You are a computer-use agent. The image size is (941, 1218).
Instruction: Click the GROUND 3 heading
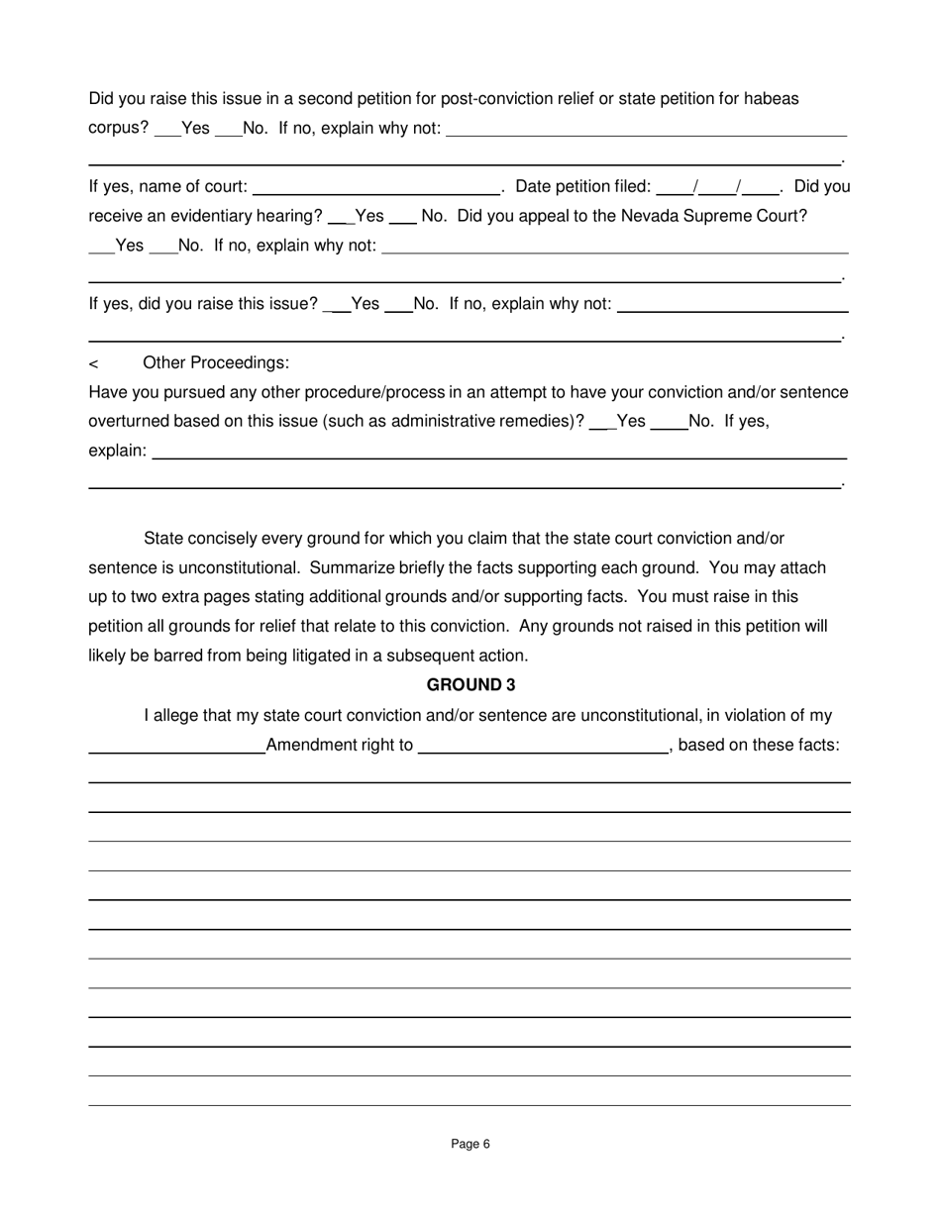(470, 685)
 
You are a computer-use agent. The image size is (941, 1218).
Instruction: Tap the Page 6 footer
(470, 1144)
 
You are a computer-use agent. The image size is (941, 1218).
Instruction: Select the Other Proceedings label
(216, 362)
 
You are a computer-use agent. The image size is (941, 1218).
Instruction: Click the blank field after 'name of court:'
(376, 188)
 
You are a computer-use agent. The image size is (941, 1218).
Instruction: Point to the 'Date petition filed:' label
(583, 186)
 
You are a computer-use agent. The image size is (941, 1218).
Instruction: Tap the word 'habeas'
(773, 99)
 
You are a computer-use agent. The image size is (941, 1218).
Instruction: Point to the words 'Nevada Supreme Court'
(713, 216)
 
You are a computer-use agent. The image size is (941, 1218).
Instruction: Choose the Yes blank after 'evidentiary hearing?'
(340, 218)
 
